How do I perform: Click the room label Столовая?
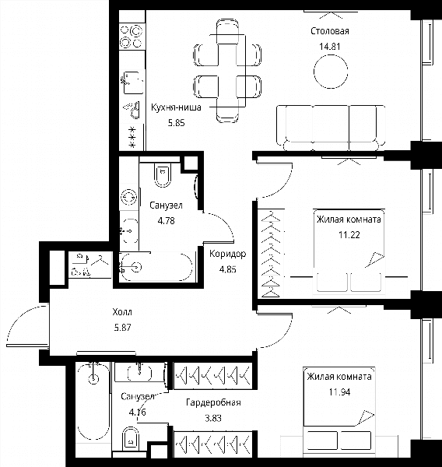point(330,31)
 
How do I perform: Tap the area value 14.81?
point(330,47)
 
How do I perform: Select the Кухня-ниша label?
point(176,107)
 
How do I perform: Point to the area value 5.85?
point(177,123)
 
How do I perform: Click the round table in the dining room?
point(331,72)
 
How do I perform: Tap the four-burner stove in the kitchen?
point(132,37)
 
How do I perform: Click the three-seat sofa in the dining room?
point(331,128)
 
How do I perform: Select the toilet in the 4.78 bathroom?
point(163,175)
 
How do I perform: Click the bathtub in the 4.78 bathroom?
point(156,267)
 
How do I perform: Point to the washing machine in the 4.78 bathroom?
point(128,197)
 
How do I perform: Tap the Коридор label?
point(228,254)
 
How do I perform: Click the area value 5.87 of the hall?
point(122,328)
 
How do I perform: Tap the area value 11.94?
point(339,392)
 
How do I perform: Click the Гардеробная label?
point(213,402)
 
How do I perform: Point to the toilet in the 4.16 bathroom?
point(131,439)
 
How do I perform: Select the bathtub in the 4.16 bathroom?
point(93,401)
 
